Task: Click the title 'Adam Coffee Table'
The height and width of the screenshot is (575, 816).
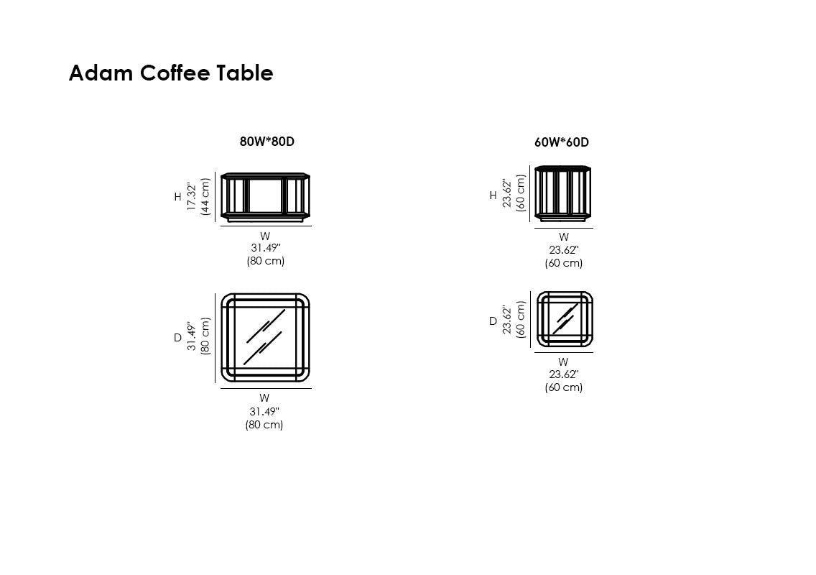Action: tap(171, 73)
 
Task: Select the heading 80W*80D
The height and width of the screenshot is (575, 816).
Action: tap(267, 142)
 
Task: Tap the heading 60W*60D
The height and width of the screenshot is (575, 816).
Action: tap(562, 142)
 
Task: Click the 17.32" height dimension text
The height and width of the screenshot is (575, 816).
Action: tap(192, 196)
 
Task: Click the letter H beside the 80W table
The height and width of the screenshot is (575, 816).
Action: tap(177, 197)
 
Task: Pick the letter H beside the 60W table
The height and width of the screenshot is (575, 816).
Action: tap(493, 195)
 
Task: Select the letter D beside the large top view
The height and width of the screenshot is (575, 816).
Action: tap(177, 338)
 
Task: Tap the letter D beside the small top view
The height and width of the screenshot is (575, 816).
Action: tap(493, 321)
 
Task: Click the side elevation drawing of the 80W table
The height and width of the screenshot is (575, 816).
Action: tap(265, 197)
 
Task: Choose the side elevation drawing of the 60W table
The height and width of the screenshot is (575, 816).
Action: tap(563, 193)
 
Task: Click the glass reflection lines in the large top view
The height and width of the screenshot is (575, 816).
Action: tap(265, 336)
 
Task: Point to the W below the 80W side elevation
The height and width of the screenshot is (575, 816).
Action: tap(265, 236)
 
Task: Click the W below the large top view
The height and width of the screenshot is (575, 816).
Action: tap(264, 398)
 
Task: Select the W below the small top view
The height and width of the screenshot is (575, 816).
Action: tap(563, 362)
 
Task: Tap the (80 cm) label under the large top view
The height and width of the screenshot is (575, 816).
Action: tap(264, 425)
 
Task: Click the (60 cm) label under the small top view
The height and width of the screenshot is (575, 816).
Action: tap(564, 387)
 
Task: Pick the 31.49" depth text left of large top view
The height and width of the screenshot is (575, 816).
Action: tap(192, 336)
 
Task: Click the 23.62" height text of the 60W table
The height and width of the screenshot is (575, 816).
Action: tap(507, 193)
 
